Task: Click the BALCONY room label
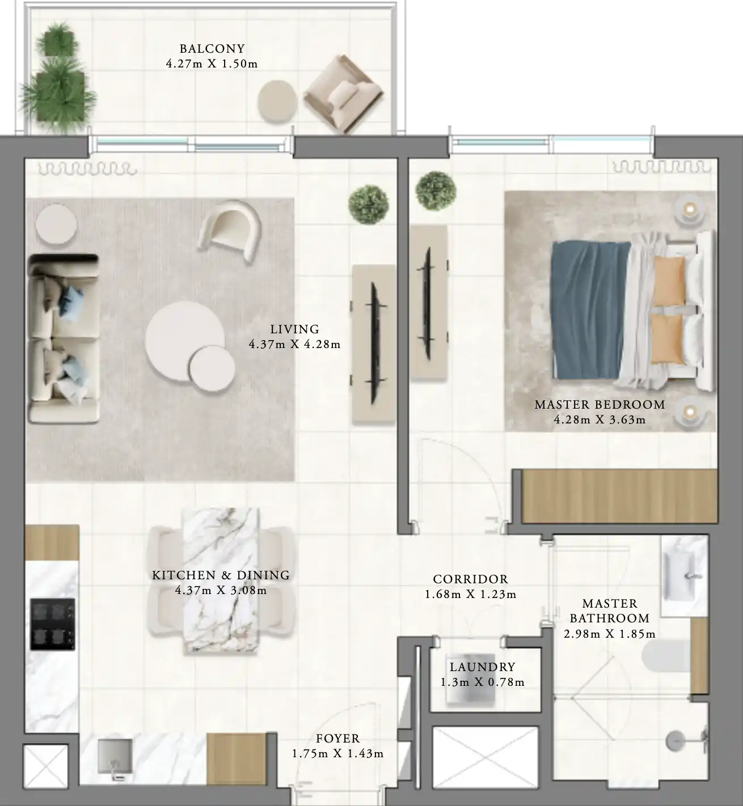[x=212, y=49]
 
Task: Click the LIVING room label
[x=294, y=329]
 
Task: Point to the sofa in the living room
[x=63, y=338]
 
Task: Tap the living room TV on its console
[x=374, y=343]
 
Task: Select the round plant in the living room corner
[x=369, y=203]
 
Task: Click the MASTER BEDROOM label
[x=600, y=405]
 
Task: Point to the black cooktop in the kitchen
[x=53, y=624]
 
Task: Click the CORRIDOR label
[x=470, y=579]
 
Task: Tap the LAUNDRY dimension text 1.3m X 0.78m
[x=482, y=682]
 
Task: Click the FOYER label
[x=337, y=739]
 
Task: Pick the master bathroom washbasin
[x=685, y=576]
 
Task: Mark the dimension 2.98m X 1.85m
[x=609, y=634]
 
